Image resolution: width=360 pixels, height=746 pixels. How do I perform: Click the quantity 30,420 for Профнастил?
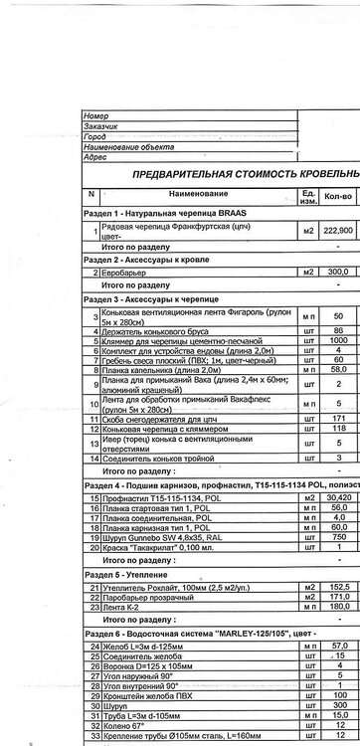click(x=339, y=496)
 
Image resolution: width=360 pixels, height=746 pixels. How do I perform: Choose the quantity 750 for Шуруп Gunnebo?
click(x=339, y=537)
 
